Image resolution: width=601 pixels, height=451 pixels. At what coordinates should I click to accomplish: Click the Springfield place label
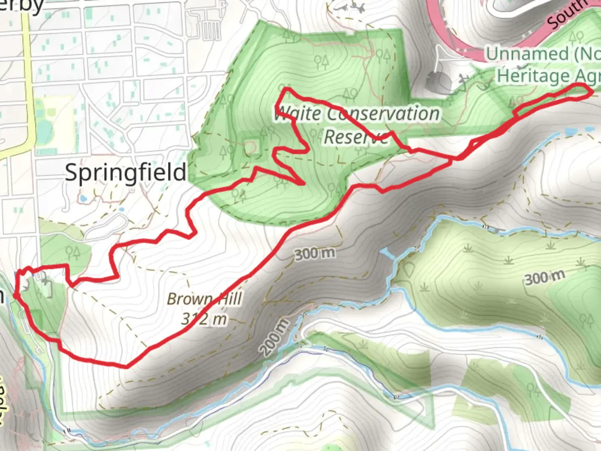[x=126, y=172]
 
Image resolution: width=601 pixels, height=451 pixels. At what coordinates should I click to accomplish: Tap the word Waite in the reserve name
[x=298, y=114]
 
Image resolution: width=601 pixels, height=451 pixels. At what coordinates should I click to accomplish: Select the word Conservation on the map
[x=383, y=114]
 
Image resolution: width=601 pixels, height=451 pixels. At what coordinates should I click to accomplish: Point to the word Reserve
[x=356, y=137]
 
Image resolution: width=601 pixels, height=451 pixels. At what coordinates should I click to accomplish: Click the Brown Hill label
[x=205, y=299]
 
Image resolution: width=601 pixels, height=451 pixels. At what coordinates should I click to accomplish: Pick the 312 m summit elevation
[x=205, y=319]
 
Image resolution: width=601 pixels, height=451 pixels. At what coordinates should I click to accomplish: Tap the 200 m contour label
[x=275, y=337]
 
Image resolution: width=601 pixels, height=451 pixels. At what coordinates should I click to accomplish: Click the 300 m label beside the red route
[x=315, y=253]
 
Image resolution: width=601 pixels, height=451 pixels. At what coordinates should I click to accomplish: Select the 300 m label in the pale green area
[x=545, y=277]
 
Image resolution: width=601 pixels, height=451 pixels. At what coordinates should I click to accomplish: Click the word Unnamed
[x=527, y=54]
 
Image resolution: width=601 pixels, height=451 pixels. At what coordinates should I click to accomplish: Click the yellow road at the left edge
[x=28, y=84]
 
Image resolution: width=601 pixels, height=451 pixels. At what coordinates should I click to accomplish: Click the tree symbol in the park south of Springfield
[x=73, y=252]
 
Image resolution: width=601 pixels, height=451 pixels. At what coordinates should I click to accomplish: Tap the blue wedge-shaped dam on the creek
[x=388, y=253]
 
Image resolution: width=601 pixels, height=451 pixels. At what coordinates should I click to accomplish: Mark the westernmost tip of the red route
[x=15, y=294]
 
